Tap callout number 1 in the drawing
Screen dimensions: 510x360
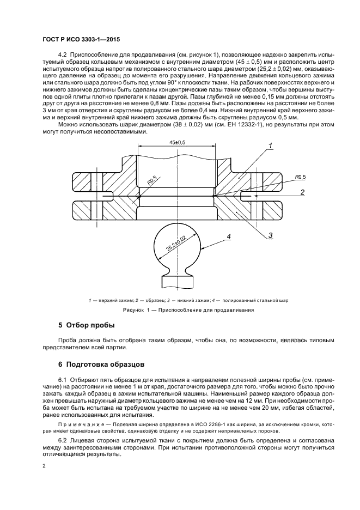pyautogui.click(x=269, y=145)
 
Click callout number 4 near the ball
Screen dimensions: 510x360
pyautogui.click(x=229, y=236)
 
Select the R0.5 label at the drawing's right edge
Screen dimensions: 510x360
pyautogui.click(x=300, y=177)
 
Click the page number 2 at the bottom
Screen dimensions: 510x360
pyautogui.click(x=45, y=466)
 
